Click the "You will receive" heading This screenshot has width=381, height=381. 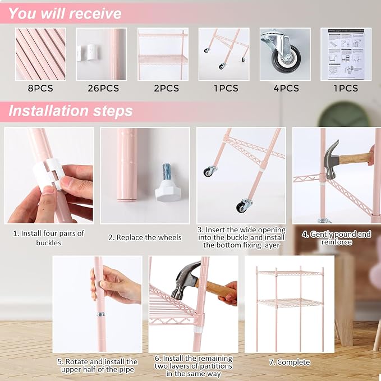pyautogui.click(x=65, y=13)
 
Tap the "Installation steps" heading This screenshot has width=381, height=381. pyautogui.click(x=71, y=111)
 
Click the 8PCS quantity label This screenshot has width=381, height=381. pyautogui.click(x=40, y=88)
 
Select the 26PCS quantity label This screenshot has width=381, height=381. pyautogui.click(x=103, y=88)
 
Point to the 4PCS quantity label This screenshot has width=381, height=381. pyautogui.click(x=286, y=88)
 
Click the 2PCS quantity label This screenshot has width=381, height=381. pyautogui.click(x=166, y=88)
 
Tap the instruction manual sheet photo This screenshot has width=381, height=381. pyautogui.click(x=346, y=54)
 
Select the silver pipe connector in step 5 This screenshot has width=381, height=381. pyautogui.click(x=100, y=314)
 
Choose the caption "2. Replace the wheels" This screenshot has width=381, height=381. pyautogui.click(x=145, y=237)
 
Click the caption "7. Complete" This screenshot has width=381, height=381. pyautogui.click(x=290, y=362)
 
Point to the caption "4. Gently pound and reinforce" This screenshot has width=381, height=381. pyautogui.click(x=337, y=238)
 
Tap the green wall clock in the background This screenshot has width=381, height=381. pyautogui.click(x=345, y=114)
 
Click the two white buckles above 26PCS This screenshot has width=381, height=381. pyautogui.click(x=87, y=53)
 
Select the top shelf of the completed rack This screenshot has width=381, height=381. pyautogui.click(x=290, y=273)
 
